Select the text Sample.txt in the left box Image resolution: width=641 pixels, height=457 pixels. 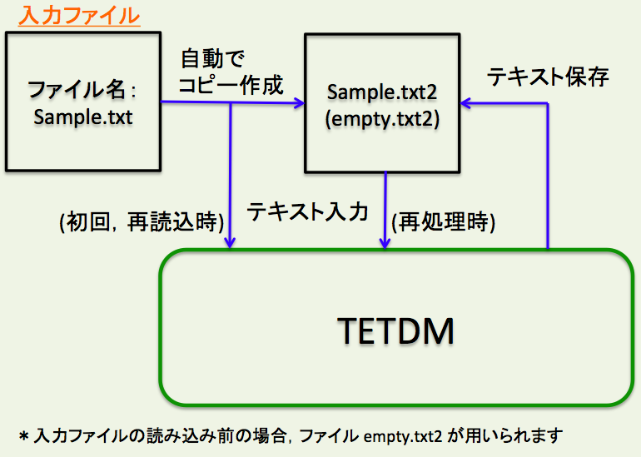click(x=83, y=116)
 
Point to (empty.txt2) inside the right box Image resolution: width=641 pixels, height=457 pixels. click(x=382, y=118)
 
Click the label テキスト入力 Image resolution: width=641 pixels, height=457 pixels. click(x=308, y=211)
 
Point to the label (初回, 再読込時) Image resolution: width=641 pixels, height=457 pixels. click(x=140, y=222)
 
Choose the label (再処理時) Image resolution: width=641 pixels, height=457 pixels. click(x=443, y=222)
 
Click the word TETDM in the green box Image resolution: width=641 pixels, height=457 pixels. click(x=396, y=331)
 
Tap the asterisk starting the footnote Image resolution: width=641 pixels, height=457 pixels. click(x=24, y=436)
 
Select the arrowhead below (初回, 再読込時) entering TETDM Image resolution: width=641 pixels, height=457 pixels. click(x=230, y=242)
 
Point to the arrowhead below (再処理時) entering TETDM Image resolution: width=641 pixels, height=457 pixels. click(x=385, y=242)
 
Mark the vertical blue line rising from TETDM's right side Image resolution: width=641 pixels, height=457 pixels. click(x=549, y=175)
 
